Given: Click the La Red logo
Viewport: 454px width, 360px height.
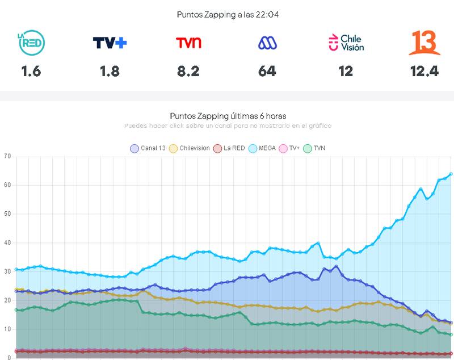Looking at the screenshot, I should (x=31, y=43).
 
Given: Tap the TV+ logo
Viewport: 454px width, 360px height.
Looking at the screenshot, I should (x=110, y=43).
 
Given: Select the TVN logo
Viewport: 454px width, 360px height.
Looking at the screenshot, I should (x=188, y=43).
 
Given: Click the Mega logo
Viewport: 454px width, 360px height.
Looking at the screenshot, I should (x=267, y=43).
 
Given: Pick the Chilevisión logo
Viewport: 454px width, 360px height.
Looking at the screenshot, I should (x=346, y=43).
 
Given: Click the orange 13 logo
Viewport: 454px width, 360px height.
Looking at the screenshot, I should (x=424, y=43).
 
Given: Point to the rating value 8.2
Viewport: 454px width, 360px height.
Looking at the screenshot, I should (x=188, y=71).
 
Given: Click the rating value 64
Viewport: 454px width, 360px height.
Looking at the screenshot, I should (x=267, y=71).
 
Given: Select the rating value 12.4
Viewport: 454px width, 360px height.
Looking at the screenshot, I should (x=424, y=71).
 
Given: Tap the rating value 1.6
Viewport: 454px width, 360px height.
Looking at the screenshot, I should (x=31, y=71).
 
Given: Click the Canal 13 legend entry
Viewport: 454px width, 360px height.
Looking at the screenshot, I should (x=148, y=148).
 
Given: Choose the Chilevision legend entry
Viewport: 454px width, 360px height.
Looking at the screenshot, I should (x=190, y=148).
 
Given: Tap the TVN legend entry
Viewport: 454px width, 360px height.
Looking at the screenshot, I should (x=315, y=148).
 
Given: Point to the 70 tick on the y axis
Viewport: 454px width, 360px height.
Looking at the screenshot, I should (x=7, y=156).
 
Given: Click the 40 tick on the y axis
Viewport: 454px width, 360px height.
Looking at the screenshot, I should (x=7, y=242).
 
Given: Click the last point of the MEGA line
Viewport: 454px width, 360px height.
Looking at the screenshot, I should (x=451, y=174).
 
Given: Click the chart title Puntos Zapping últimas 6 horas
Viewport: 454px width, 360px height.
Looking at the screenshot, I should (x=227, y=116).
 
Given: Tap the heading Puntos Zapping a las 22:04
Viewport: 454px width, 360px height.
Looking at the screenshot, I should (x=227, y=15).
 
